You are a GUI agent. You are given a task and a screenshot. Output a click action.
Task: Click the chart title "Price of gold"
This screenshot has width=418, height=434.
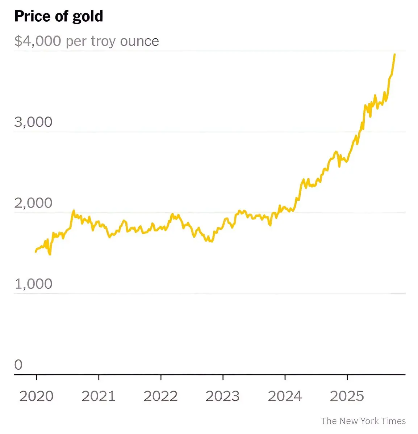[x=59, y=17]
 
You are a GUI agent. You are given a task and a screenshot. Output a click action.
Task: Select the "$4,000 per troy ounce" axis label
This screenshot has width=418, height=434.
[x=87, y=41]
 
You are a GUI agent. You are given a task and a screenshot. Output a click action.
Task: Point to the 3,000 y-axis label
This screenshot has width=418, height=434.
[x=33, y=122]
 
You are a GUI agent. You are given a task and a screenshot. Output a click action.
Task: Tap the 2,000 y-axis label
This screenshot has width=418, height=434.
[x=33, y=203]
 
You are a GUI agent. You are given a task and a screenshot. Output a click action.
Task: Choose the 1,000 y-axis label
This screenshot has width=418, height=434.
[x=33, y=284]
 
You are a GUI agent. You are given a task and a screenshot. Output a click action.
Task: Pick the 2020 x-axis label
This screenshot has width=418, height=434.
[x=36, y=396]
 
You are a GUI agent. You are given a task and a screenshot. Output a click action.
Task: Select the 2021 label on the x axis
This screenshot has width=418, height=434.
[x=99, y=396]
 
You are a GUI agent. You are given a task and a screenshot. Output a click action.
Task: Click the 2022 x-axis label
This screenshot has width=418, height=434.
[x=160, y=396]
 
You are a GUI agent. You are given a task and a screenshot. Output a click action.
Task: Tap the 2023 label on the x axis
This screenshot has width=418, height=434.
[x=223, y=396]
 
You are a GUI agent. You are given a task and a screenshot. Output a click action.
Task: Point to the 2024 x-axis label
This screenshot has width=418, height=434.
[x=285, y=396]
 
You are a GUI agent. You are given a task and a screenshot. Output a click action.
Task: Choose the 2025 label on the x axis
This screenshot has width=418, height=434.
[x=347, y=396]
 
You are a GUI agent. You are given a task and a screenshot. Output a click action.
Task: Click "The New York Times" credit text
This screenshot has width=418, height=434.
[x=363, y=421]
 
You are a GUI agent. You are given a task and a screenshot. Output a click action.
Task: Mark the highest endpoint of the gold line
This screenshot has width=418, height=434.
[x=394, y=54]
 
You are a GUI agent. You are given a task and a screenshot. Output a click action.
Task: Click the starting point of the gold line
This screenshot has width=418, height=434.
[x=35, y=251]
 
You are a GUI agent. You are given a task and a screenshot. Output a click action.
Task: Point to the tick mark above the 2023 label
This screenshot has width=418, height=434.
[x=223, y=378]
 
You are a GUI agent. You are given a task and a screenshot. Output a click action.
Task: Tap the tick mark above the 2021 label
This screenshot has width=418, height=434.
[x=99, y=378]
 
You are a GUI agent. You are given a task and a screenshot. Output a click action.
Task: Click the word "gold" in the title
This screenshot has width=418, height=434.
[x=89, y=17]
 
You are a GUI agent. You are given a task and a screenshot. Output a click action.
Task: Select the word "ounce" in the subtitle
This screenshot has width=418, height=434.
[x=139, y=41]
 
